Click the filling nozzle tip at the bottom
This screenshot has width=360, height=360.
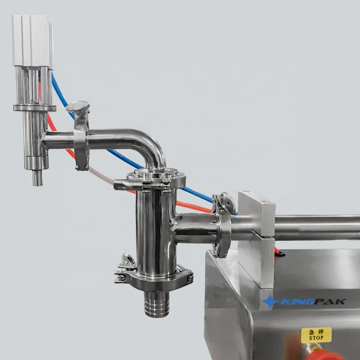[x=36, y=179]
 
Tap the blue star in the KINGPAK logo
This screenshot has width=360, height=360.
[x=270, y=301]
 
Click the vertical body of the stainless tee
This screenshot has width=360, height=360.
[x=151, y=225]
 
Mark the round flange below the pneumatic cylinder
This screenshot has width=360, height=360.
[x=35, y=108]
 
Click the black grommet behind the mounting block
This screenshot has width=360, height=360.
[x=281, y=255]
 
